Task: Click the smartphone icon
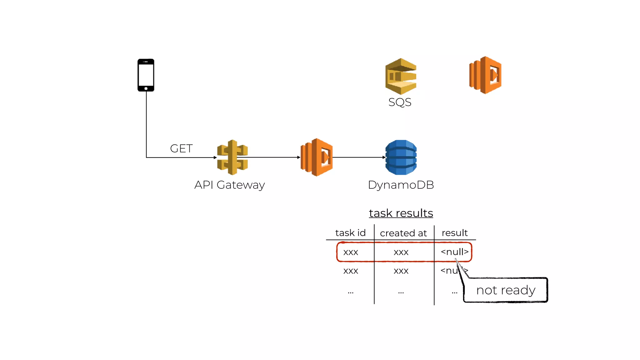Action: coord(146,75)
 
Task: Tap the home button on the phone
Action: coord(146,89)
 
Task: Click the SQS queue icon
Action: coord(401,76)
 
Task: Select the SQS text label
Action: coord(400,102)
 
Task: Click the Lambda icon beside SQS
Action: coord(485,75)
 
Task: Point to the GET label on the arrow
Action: coord(181,148)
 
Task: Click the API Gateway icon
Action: coord(232,157)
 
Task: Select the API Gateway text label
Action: coord(229,185)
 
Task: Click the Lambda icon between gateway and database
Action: coord(316,157)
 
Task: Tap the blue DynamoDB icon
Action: coord(401,157)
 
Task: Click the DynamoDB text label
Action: coord(401,185)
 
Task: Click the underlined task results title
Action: coord(401,213)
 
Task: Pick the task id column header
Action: coord(350,233)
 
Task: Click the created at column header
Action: coord(403,233)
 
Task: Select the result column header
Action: coord(454,233)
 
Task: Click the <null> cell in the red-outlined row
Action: coord(454,252)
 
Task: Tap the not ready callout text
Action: coord(506,290)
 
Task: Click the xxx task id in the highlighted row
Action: coord(351,252)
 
